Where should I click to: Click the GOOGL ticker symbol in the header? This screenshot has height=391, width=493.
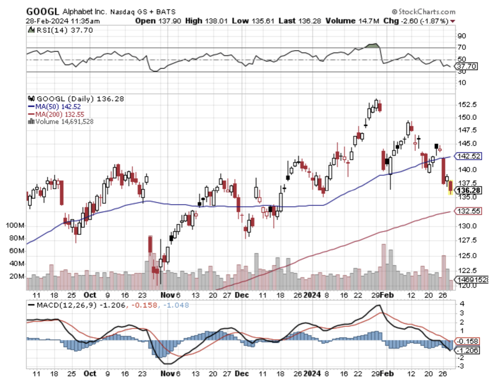[x=42, y=11]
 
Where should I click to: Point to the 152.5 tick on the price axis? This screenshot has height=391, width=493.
[x=467, y=104]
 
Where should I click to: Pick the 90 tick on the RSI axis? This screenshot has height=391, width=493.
[x=462, y=36]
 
